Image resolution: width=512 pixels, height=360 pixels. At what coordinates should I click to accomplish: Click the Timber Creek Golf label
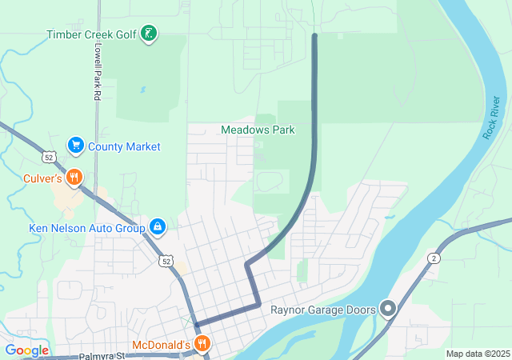click(91, 34)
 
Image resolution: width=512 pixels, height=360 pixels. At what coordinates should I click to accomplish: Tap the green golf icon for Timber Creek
click(148, 34)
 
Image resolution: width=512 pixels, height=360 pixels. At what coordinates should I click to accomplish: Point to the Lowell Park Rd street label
click(97, 72)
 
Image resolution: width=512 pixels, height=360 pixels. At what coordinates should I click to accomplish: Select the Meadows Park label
click(258, 130)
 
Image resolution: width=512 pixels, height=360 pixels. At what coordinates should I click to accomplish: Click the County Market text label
click(124, 146)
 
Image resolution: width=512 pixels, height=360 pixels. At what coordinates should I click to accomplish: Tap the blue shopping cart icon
click(76, 146)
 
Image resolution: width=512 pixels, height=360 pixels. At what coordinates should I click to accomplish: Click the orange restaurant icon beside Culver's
click(74, 177)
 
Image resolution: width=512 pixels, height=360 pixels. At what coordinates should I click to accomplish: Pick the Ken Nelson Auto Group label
click(86, 228)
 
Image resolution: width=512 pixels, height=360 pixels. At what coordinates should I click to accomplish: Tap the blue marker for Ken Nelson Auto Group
click(158, 228)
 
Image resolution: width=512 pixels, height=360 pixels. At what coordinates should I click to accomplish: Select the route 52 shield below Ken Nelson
click(166, 261)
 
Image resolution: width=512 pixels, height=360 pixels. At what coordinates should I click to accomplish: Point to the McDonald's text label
click(160, 345)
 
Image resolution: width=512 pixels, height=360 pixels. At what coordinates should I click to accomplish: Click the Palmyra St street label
click(102, 356)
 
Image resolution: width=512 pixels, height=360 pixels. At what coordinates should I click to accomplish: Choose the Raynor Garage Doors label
click(322, 309)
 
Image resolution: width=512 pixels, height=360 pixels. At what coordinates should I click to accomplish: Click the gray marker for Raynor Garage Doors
click(388, 308)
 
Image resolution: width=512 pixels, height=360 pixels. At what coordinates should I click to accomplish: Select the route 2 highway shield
click(434, 258)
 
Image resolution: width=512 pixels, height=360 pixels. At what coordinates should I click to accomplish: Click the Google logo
click(26, 350)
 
